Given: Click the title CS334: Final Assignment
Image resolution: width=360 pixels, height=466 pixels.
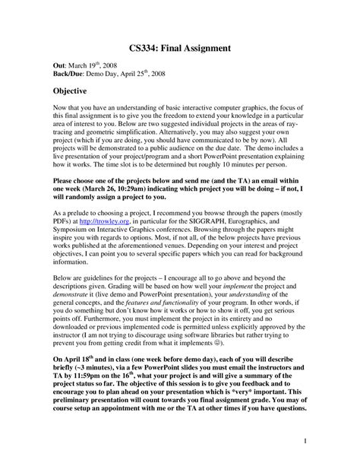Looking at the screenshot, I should pos(180,48).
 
